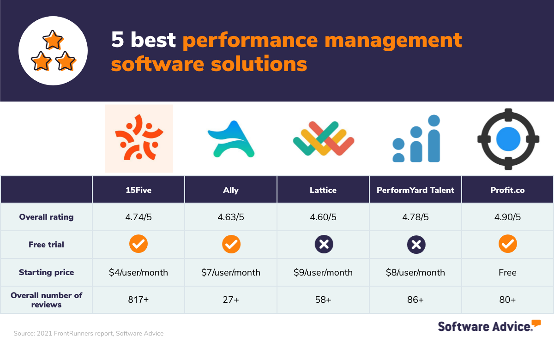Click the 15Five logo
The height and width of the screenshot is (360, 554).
tap(139, 138)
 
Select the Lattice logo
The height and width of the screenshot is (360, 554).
tap(323, 138)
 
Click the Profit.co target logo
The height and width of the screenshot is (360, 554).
tap(508, 139)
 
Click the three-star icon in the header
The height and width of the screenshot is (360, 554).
tap(53, 51)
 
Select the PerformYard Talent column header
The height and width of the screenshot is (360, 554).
tap(415, 190)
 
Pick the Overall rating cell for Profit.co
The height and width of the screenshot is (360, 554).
tap(507, 217)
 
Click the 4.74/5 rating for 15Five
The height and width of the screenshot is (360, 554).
tap(138, 217)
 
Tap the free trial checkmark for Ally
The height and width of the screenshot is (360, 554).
tap(231, 244)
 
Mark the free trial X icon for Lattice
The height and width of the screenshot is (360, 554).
tap(323, 244)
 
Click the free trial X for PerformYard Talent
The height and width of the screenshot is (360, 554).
tap(415, 244)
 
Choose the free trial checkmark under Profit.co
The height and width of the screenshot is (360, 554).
tap(507, 244)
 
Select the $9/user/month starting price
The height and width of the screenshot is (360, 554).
tap(323, 272)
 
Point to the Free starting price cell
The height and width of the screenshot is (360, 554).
tap(507, 272)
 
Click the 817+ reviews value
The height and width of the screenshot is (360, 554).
tap(138, 300)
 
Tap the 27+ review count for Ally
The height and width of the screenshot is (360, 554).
tap(231, 300)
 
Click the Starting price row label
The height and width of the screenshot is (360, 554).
tap(46, 272)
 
